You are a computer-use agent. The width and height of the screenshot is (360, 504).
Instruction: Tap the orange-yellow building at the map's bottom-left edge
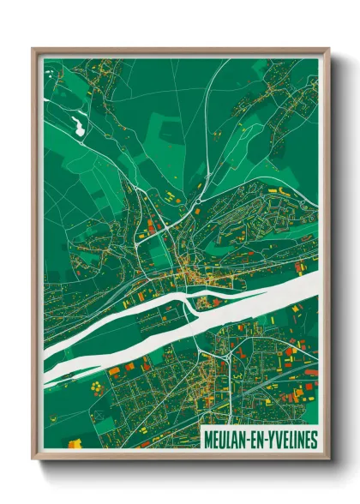click(x=75, y=443)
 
